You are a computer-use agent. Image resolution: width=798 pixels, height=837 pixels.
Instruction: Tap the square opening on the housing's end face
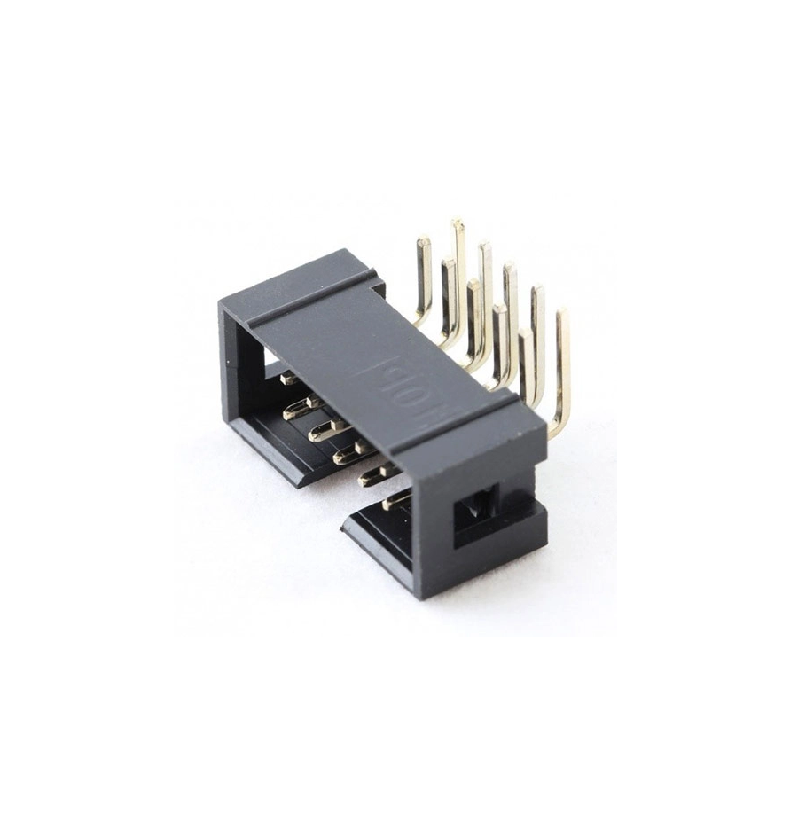(x=475, y=514)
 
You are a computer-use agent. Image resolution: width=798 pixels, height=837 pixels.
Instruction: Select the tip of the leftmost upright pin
(x=424, y=241)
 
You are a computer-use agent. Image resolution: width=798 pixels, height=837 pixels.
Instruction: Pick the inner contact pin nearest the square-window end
(x=395, y=502)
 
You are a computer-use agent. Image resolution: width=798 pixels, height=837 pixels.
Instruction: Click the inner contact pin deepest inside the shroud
(x=288, y=379)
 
